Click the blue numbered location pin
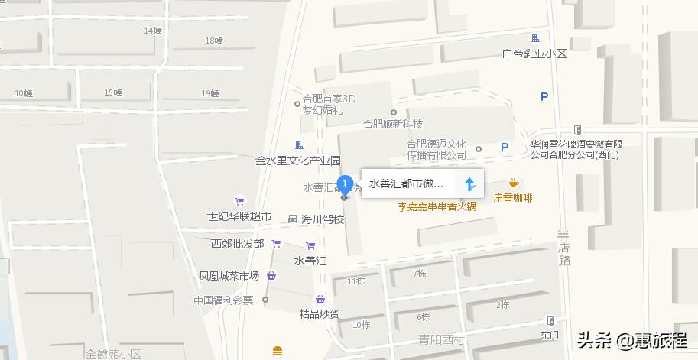click(345, 184)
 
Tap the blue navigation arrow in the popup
click(470, 184)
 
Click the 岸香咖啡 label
click(513, 198)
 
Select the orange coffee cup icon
click(513, 183)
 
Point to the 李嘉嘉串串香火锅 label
click(437, 206)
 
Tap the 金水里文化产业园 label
click(298, 161)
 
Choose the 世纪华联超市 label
click(239, 217)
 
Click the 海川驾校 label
click(323, 219)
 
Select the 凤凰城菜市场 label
click(229, 276)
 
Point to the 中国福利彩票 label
click(223, 300)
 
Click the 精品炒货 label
click(320, 313)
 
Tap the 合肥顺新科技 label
click(393, 124)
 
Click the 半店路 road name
click(564, 248)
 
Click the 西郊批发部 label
click(237, 244)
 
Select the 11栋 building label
click(356, 281)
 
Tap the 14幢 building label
click(153, 31)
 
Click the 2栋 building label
click(502, 305)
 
